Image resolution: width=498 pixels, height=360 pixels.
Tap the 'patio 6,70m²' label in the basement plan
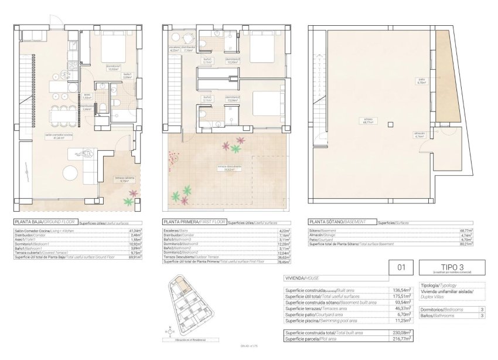421,81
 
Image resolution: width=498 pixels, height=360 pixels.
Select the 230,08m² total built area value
402,332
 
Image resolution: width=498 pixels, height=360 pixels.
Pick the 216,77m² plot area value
402,339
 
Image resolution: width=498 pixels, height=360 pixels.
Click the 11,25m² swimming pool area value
402,321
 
